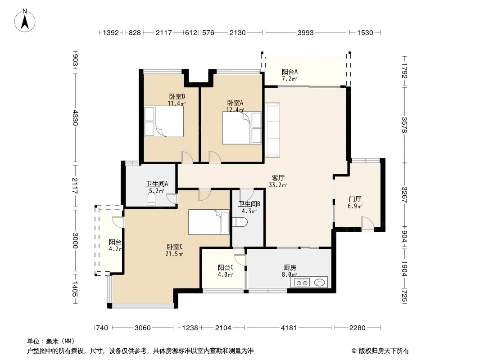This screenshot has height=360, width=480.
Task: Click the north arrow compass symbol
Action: pyautogui.click(x=25, y=21)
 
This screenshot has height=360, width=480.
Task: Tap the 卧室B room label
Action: pyautogui.click(x=177, y=96)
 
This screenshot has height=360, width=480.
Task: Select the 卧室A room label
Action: pyautogui.click(x=235, y=103)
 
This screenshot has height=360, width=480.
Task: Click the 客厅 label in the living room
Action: pyautogui.click(x=278, y=178)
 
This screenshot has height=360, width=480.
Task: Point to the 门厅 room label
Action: pyautogui.click(x=355, y=199)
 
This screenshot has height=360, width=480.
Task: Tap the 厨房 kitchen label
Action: pyautogui.click(x=289, y=268)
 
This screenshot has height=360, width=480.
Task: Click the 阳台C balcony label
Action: pyautogui.click(x=226, y=268)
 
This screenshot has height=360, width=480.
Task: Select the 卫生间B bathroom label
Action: pyautogui.click(x=249, y=204)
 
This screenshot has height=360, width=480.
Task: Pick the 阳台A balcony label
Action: pyautogui.click(x=290, y=72)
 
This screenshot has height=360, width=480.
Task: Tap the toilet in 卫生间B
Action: pyautogui.click(x=240, y=222)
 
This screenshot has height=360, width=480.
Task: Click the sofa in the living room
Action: pyautogui.click(x=272, y=130)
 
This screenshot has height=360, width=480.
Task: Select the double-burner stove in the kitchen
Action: pyautogui.click(x=302, y=282)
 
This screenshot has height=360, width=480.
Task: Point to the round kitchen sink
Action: pyautogui.click(x=320, y=283)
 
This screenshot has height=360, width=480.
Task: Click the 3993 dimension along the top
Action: pyautogui.click(x=305, y=33)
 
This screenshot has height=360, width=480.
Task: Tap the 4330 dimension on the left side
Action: pyautogui.click(x=76, y=118)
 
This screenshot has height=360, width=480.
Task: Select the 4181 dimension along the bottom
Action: pyautogui.click(x=289, y=328)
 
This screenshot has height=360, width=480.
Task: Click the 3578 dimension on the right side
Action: pyautogui.click(x=405, y=125)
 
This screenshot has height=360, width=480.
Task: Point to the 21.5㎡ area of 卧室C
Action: pyautogui.click(x=174, y=254)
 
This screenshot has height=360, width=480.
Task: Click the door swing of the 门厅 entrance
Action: pyautogui.click(x=367, y=223)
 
